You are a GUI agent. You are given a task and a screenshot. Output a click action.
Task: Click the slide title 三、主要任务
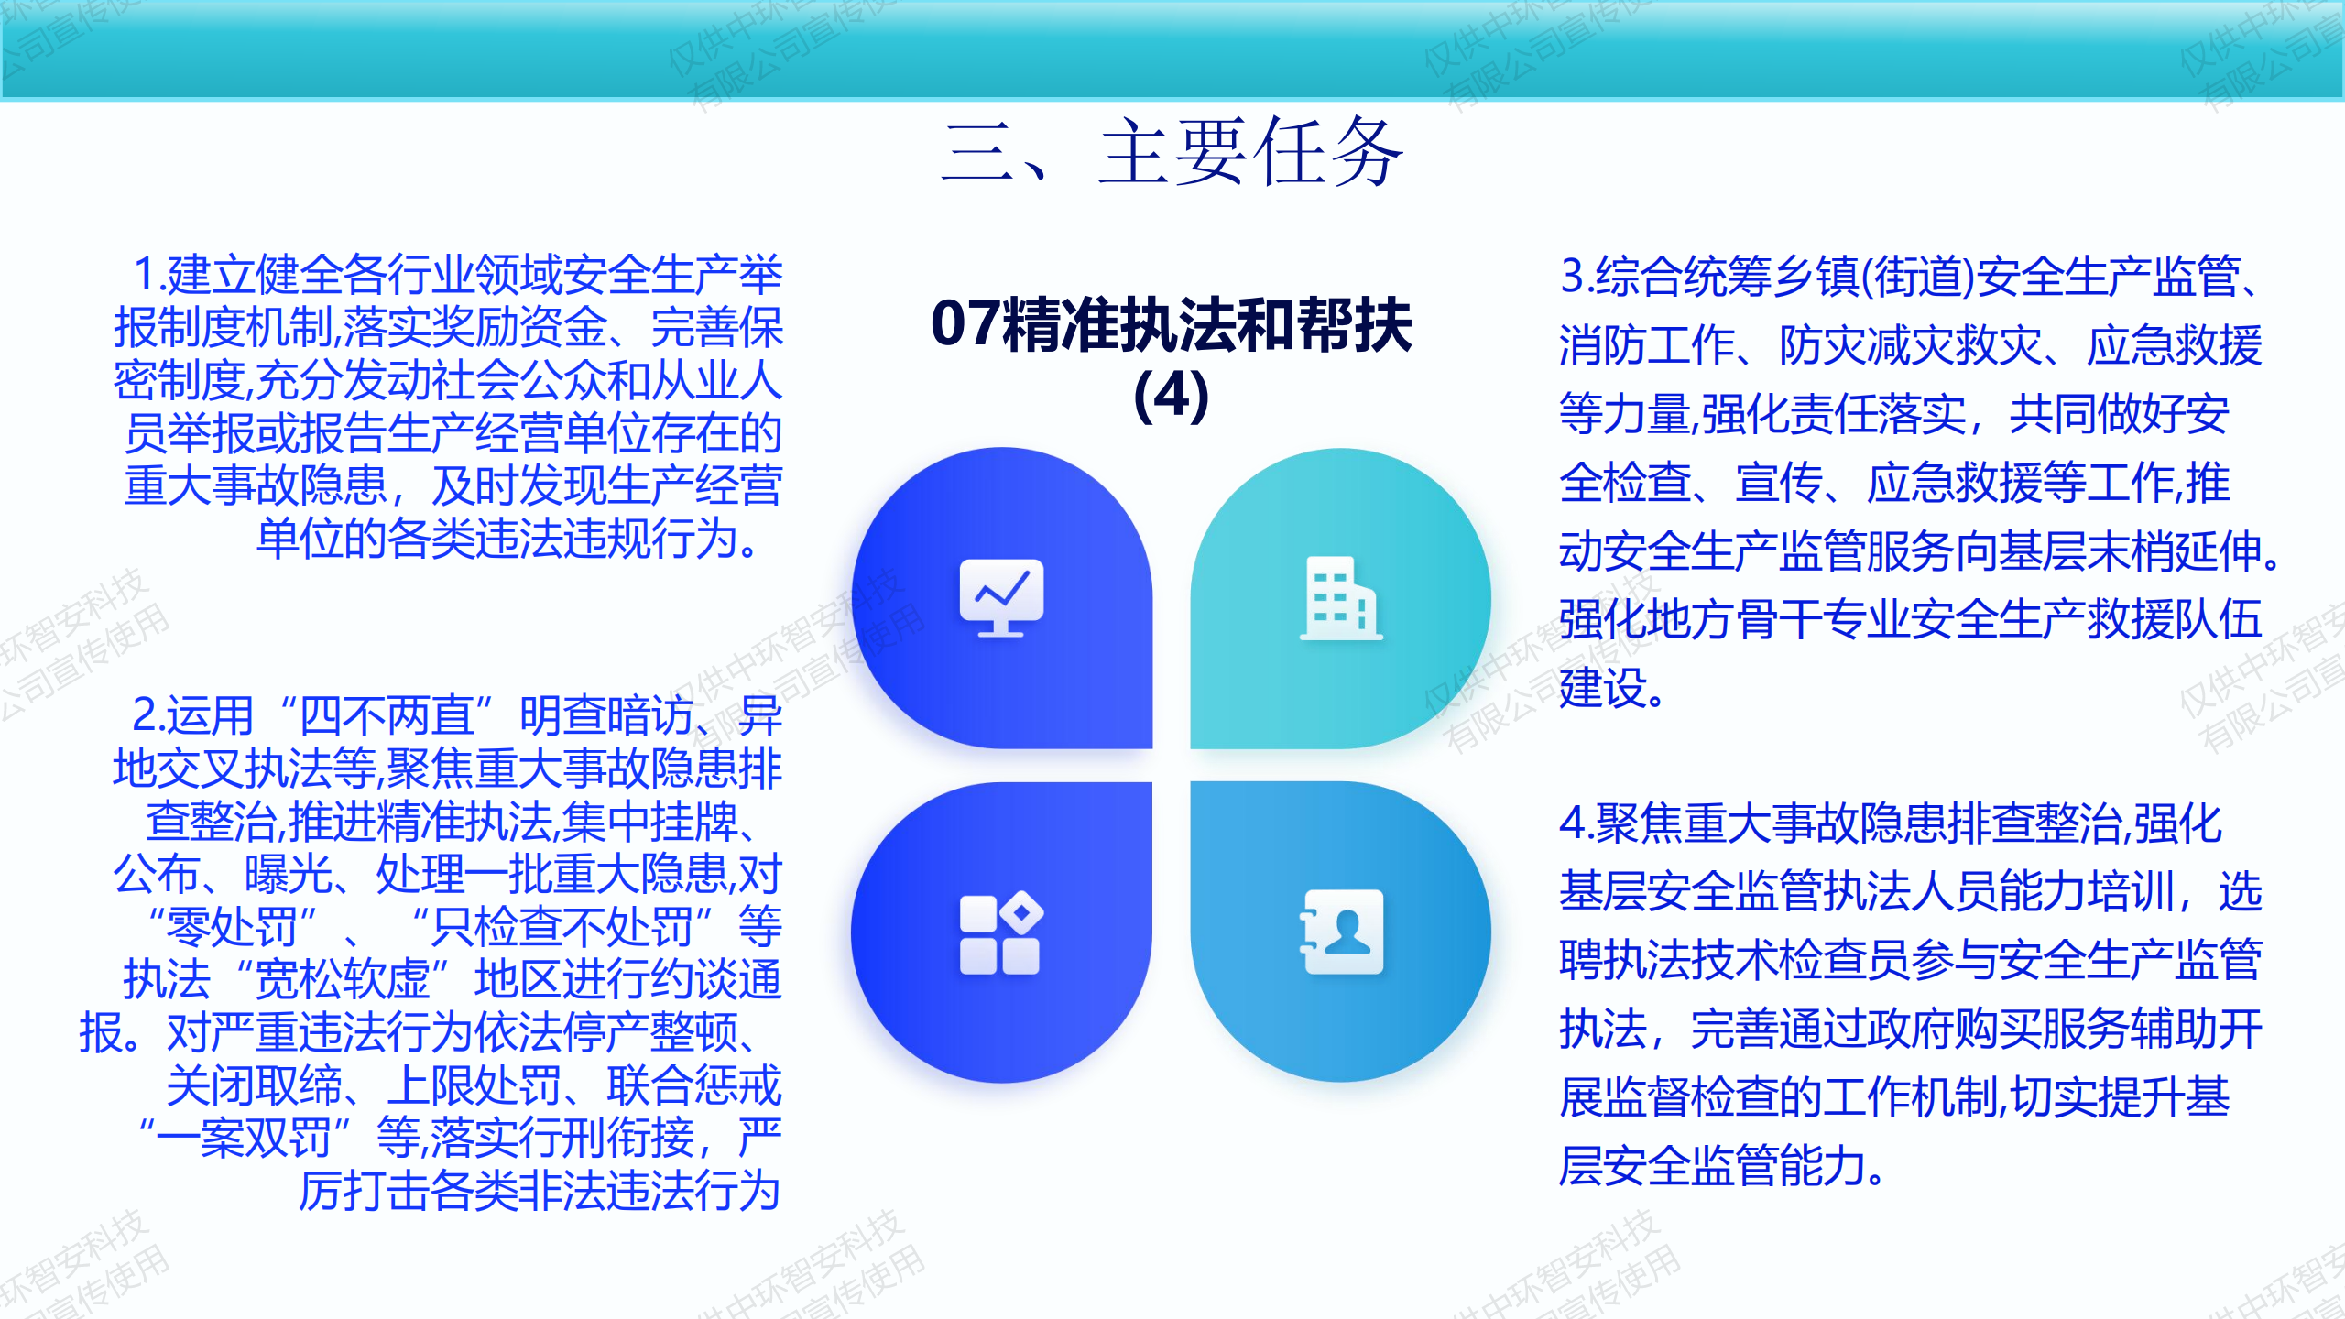[1172, 152]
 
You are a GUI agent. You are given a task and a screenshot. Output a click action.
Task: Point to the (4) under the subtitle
[1172, 396]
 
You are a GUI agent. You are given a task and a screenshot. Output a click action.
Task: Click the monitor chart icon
[1001, 597]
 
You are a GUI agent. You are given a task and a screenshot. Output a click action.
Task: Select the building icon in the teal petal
[1341, 597]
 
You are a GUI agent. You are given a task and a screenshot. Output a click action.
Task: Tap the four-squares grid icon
[1001, 932]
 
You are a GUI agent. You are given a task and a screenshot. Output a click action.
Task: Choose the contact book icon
[1341, 932]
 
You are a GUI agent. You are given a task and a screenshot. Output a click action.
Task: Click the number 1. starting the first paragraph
[149, 275]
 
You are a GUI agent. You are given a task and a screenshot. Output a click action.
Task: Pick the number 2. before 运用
[148, 715]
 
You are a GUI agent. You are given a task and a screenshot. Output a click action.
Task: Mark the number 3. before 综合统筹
[1577, 276]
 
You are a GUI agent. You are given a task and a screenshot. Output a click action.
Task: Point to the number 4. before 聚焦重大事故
[1577, 823]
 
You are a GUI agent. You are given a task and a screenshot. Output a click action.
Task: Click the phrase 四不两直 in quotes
[387, 715]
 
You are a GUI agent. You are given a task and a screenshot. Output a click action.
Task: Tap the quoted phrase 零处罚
[233, 927]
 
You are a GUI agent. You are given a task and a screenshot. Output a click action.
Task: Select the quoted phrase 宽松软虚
[342, 979]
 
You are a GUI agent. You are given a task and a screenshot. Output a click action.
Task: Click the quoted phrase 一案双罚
[244, 1139]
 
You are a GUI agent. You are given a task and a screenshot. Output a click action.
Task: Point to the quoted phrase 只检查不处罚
[562, 927]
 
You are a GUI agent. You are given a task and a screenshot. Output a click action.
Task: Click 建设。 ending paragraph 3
[1612, 689]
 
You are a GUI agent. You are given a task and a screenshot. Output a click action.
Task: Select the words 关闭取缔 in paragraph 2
[255, 1086]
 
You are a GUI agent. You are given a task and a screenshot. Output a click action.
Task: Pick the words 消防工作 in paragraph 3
[1647, 345]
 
